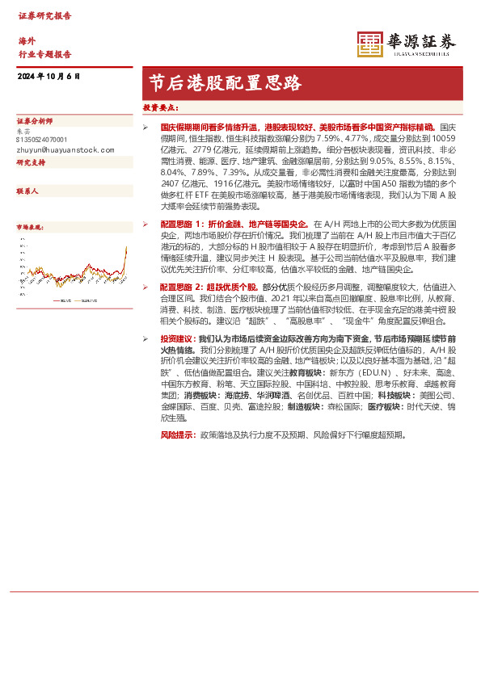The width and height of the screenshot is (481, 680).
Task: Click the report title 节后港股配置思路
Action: coord(226,82)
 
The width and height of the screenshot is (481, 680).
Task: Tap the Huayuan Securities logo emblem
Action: coord(370,44)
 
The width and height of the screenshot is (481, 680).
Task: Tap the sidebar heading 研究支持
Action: coord(32,162)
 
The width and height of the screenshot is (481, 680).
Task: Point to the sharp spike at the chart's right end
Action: coord(125,252)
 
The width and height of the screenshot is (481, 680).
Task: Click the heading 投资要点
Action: coord(161,107)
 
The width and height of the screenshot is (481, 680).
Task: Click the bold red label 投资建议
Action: coord(177,340)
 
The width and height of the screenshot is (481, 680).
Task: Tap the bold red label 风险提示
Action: coord(177,435)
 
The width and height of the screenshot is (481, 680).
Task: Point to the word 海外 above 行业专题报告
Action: coord(27,40)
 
